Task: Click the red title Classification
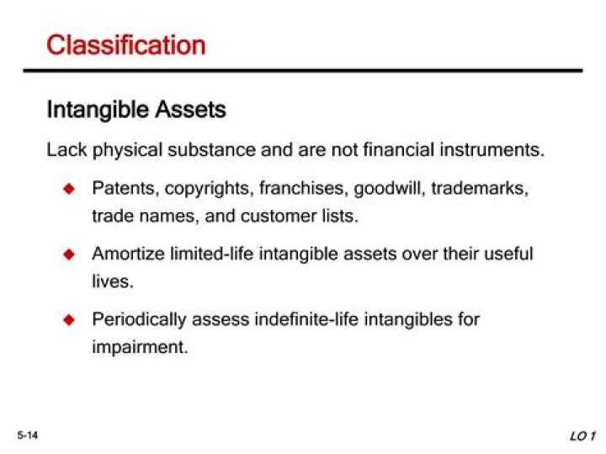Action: pyautogui.click(x=125, y=45)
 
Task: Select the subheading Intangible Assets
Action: pyautogui.click(x=136, y=110)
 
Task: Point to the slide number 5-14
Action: pyautogui.click(x=29, y=434)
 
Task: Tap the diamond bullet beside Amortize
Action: pyautogui.click(x=70, y=254)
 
